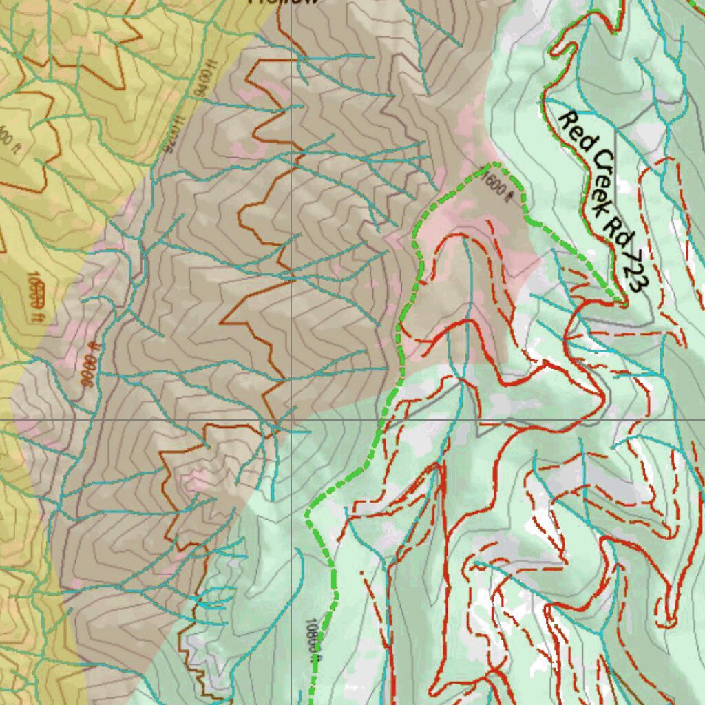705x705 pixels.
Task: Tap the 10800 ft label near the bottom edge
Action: click(311, 640)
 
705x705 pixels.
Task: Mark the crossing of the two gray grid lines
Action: click(291, 419)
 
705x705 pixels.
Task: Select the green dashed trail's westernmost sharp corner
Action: click(308, 514)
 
